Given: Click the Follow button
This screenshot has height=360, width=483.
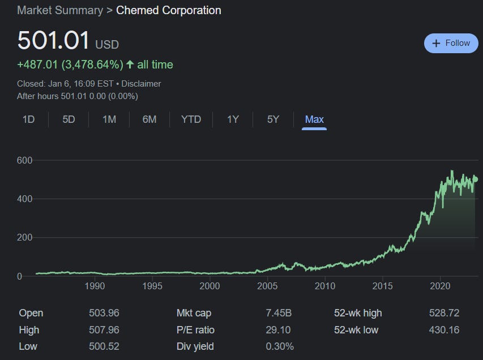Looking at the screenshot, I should point(451,43).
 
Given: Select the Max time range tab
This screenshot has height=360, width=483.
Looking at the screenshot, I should point(314,119).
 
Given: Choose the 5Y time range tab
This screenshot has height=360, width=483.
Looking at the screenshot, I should point(273,119).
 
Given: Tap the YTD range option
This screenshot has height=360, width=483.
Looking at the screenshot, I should point(191,119).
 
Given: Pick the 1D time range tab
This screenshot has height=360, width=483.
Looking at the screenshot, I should point(28,119).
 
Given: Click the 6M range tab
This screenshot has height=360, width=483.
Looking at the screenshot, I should point(149,119).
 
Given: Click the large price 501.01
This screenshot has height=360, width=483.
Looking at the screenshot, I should point(53,41).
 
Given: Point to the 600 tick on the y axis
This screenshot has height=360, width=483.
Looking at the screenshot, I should point(24,161).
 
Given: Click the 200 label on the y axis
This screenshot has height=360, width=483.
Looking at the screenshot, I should point(24,238).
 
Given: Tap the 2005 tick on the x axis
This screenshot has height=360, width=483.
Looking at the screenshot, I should point(267,286).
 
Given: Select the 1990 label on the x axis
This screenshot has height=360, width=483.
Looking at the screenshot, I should point(95,286).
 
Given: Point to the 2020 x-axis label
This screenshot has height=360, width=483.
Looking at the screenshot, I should point(441,286).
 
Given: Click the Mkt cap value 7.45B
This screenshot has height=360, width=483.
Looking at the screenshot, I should point(279,313).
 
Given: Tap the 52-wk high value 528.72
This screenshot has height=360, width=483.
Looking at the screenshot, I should point(444,313).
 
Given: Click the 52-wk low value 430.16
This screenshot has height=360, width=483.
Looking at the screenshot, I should point(444,330).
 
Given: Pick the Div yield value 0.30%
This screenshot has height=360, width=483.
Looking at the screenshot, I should point(280,346).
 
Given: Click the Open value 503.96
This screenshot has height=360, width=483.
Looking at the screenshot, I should point(104,313).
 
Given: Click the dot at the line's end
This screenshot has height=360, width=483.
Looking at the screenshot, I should point(476,179).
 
